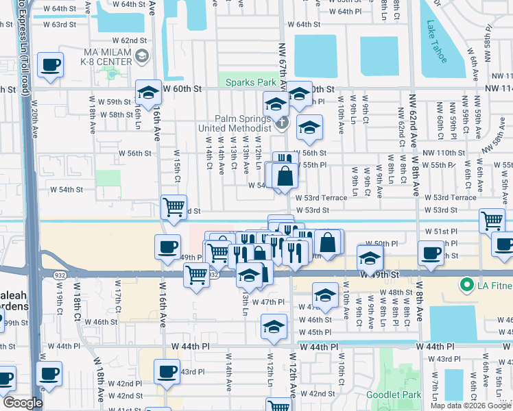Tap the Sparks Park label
pyautogui.click(x=251, y=83)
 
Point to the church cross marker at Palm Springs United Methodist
pyautogui.click(x=281, y=124)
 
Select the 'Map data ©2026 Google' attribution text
pyautogui.click(x=470, y=406)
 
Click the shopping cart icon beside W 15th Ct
pyautogui.click(x=174, y=206)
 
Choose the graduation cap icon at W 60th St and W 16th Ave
pyautogui.click(x=148, y=92)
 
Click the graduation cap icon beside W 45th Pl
pyautogui.click(x=274, y=327)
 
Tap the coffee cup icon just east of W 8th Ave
pyautogui.click(x=431, y=253)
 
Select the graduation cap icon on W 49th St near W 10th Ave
pyautogui.click(x=370, y=259)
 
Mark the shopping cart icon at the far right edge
pyautogui.click(x=492, y=221)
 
